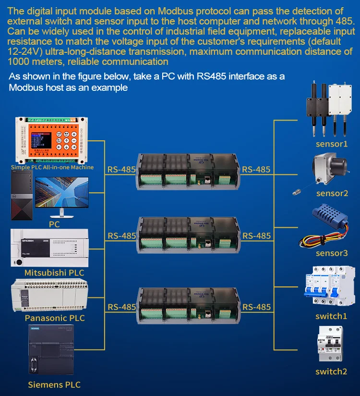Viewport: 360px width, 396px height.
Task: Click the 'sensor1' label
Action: point(331,144)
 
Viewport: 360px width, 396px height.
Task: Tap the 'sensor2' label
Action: point(332,194)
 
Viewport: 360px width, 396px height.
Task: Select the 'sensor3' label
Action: point(332,253)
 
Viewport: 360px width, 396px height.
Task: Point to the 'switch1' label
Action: point(331,316)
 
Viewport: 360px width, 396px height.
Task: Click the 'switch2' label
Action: point(331,371)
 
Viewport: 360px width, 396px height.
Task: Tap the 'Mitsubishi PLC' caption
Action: point(54,273)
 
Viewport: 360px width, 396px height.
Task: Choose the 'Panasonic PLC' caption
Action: point(55,318)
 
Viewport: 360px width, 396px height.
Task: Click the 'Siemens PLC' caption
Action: point(54,385)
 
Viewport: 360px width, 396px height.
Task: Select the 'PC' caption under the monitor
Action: point(54,224)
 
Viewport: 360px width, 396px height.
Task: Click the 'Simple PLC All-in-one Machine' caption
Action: point(52,167)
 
